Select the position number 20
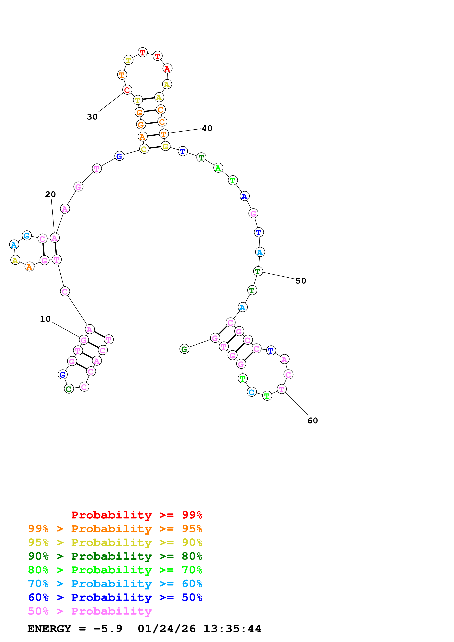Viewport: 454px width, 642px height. coord(50,194)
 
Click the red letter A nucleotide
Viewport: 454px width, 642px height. coord(167,68)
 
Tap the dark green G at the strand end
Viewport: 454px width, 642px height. coord(184,349)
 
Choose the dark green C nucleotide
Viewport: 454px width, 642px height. coord(69,389)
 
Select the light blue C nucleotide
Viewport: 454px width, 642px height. coord(252,392)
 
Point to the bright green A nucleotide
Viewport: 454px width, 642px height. coord(218,168)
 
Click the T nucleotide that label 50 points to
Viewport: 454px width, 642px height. coord(258,271)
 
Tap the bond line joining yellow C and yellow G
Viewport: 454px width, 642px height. coord(155,147)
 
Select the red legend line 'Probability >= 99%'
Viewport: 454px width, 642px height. coord(136,515)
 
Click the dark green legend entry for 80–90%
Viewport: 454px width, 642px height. coord(115,556)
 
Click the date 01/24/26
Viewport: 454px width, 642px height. coord(166,629)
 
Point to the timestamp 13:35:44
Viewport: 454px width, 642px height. coord(232,629)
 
